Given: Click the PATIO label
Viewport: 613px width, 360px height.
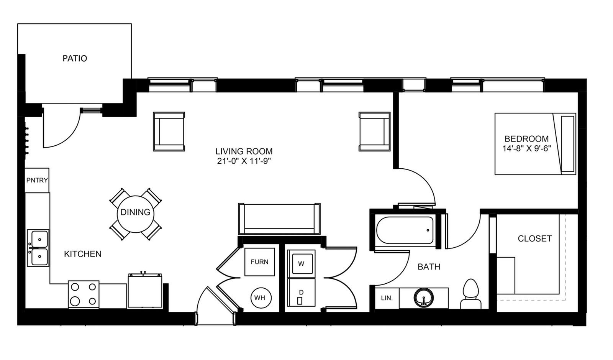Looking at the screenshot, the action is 75,58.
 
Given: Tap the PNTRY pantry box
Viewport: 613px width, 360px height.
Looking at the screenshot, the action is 37,180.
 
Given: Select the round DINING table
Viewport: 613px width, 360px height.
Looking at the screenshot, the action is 136,214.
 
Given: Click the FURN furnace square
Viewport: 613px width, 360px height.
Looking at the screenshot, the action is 259,262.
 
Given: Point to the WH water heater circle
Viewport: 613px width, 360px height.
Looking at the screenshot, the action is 261,298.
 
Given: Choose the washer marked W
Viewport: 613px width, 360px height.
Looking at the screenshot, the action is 301,264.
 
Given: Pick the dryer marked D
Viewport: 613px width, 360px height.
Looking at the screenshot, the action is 301,293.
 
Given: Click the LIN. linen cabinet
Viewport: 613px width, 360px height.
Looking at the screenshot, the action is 387,298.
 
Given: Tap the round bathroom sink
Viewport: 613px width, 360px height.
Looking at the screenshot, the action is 424,298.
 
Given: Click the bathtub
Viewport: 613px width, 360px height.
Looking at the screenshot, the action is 405,230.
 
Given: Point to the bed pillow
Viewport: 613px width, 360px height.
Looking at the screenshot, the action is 568,144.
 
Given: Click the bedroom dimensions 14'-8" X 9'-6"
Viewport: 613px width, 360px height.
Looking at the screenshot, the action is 526,148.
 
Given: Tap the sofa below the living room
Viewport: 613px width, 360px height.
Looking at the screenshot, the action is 279,219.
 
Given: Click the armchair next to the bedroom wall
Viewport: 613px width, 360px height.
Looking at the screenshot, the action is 374,132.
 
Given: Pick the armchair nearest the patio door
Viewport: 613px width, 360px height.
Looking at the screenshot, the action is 169,132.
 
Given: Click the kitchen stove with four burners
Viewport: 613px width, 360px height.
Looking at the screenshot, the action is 84,294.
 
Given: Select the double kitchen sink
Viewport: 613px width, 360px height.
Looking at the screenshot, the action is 38,248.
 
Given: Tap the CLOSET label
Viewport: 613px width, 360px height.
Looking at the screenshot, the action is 535,239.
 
